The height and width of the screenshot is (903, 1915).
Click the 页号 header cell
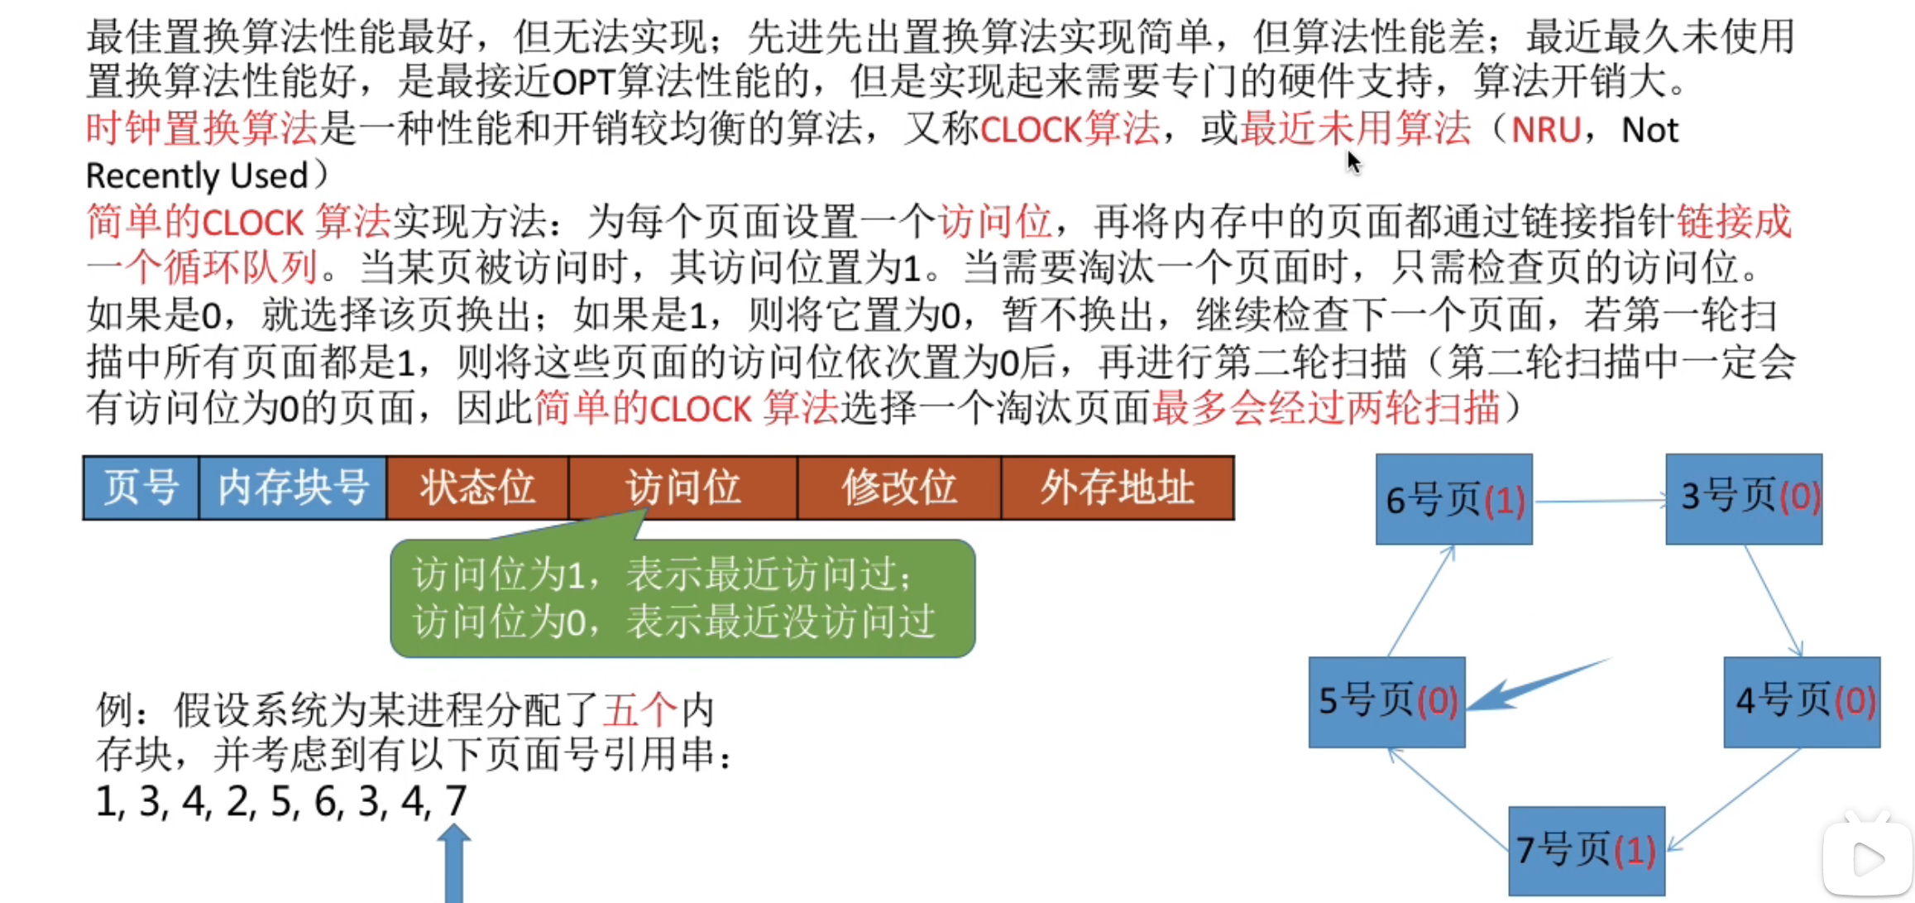click(x=141, y=488)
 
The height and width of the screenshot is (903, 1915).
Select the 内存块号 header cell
click(x=293, y=488)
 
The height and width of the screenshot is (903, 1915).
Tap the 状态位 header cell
click(x=477, y=488)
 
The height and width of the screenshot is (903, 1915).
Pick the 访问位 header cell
click(x=682, y=488)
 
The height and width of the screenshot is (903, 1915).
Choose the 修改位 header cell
click(x=899, y=488)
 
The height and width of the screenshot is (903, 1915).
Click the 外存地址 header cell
click(x=1117, y=488)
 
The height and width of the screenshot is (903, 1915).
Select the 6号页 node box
click(x=1453, y=499)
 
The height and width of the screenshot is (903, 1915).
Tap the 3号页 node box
click(x=1744, y=499)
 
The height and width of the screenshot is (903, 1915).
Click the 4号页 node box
click(x=1802, y=702)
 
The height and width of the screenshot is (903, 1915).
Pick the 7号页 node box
click(x=1586, y=850)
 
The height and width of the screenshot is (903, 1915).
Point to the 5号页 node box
click(x=1386, y=702)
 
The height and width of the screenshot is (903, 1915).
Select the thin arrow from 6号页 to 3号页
click(x=1598, y=500)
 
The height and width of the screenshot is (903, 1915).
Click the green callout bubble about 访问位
click(x=682, y=598)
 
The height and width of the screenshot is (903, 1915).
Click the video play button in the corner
click(x=1867, y=859)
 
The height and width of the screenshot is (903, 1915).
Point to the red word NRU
click(x=1545, y=130)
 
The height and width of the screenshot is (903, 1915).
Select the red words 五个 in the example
click(x=639, y=709)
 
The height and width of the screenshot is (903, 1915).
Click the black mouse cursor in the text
click(x=1353, y=162)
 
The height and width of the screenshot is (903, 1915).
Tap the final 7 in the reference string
click(x=456, y=800)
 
